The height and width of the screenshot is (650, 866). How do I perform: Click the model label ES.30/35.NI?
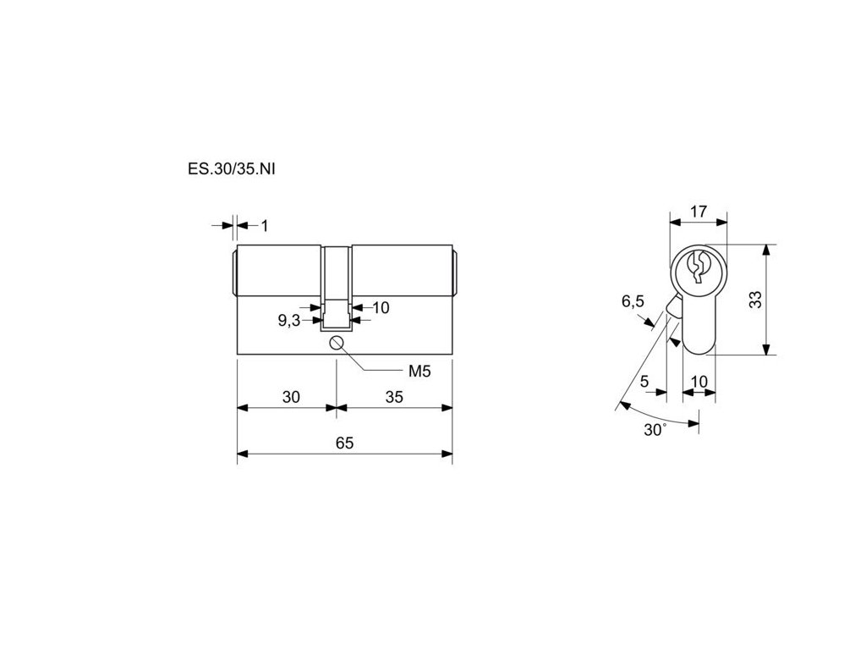[x=232, y=168]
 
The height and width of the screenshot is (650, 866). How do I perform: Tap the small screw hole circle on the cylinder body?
[x=337, y=342]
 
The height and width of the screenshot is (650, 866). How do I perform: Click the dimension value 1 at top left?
[x=265, y=225]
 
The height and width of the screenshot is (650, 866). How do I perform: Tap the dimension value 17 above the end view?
[x=699, y=212]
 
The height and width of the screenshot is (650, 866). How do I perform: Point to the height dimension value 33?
[x=755, y=300]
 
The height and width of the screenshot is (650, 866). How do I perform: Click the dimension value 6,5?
[x=633, y=301]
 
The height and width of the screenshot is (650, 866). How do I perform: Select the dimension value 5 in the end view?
[x=644, y=382]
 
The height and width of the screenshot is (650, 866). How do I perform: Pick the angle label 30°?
[x=655, y=429]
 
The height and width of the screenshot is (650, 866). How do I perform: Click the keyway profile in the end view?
[x=699, y=267]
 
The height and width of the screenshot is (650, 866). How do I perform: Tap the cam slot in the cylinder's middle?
[x=337, y=288]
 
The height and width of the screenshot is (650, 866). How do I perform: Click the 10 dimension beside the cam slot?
[x=381, y=307]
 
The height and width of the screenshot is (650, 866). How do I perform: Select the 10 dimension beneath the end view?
[x=699, y=382]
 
